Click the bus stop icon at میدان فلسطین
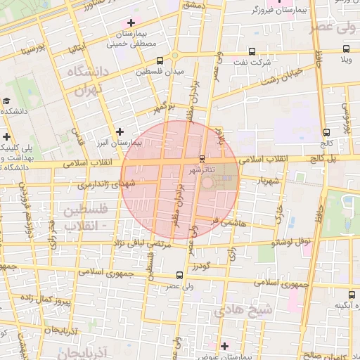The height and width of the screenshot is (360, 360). click(x=160, y=61)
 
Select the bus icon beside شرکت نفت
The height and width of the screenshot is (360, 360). click(x=252, y=51)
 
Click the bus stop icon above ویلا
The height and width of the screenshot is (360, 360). click(x=346, y=49)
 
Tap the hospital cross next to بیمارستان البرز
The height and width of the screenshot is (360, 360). click(x=120, y=131)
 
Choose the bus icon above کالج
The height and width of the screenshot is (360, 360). click(x=326, y=131)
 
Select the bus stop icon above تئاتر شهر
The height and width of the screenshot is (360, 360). click(x=202, y=158)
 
